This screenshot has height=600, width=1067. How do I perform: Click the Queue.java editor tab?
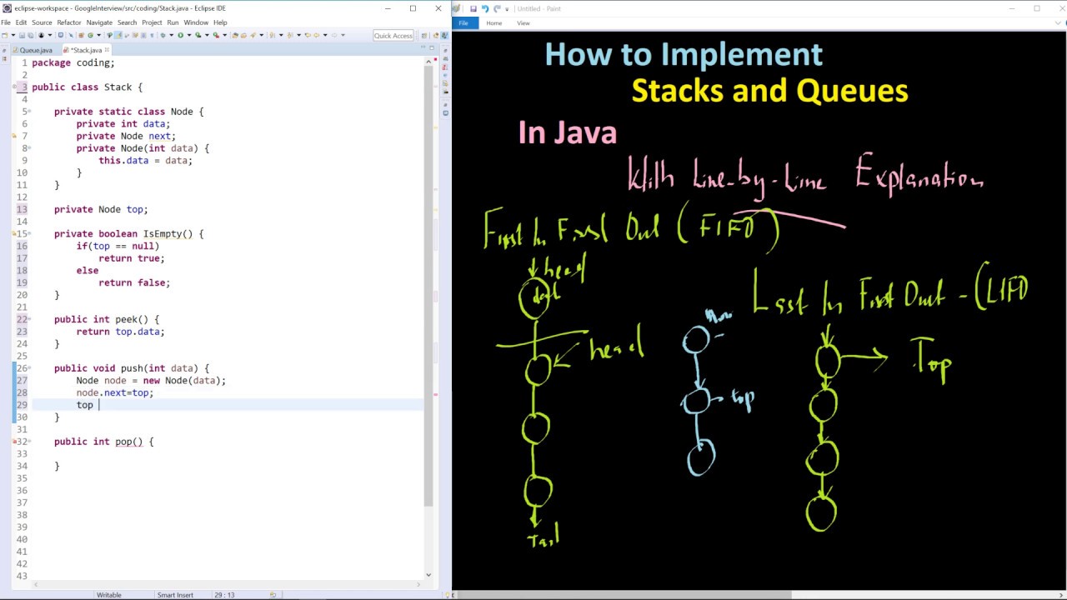(x=36, y=50)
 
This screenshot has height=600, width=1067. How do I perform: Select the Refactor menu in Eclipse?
(x=69, y=22)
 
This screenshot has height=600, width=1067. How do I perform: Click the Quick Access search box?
(x=393, y=35)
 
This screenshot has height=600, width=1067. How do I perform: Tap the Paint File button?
(x=463, y=22)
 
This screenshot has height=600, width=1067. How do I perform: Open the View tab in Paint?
(x=523, y=22)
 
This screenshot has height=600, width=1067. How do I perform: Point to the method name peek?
(x=126, y=319)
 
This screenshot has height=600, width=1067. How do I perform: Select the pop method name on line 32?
(x=123, y=442)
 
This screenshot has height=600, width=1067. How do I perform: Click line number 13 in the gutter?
(x=22, y=209)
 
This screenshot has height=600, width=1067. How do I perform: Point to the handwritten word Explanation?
(x=919, y=176)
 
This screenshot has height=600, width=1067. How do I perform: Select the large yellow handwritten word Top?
(x=932, y=360)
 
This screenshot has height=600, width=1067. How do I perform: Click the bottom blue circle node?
(x=701, y=457)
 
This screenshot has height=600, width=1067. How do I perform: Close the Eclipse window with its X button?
(x=438, y=8)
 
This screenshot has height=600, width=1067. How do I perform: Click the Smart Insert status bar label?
(x=175, y=595)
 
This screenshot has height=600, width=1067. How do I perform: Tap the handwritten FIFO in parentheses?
(x=728, y=227)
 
